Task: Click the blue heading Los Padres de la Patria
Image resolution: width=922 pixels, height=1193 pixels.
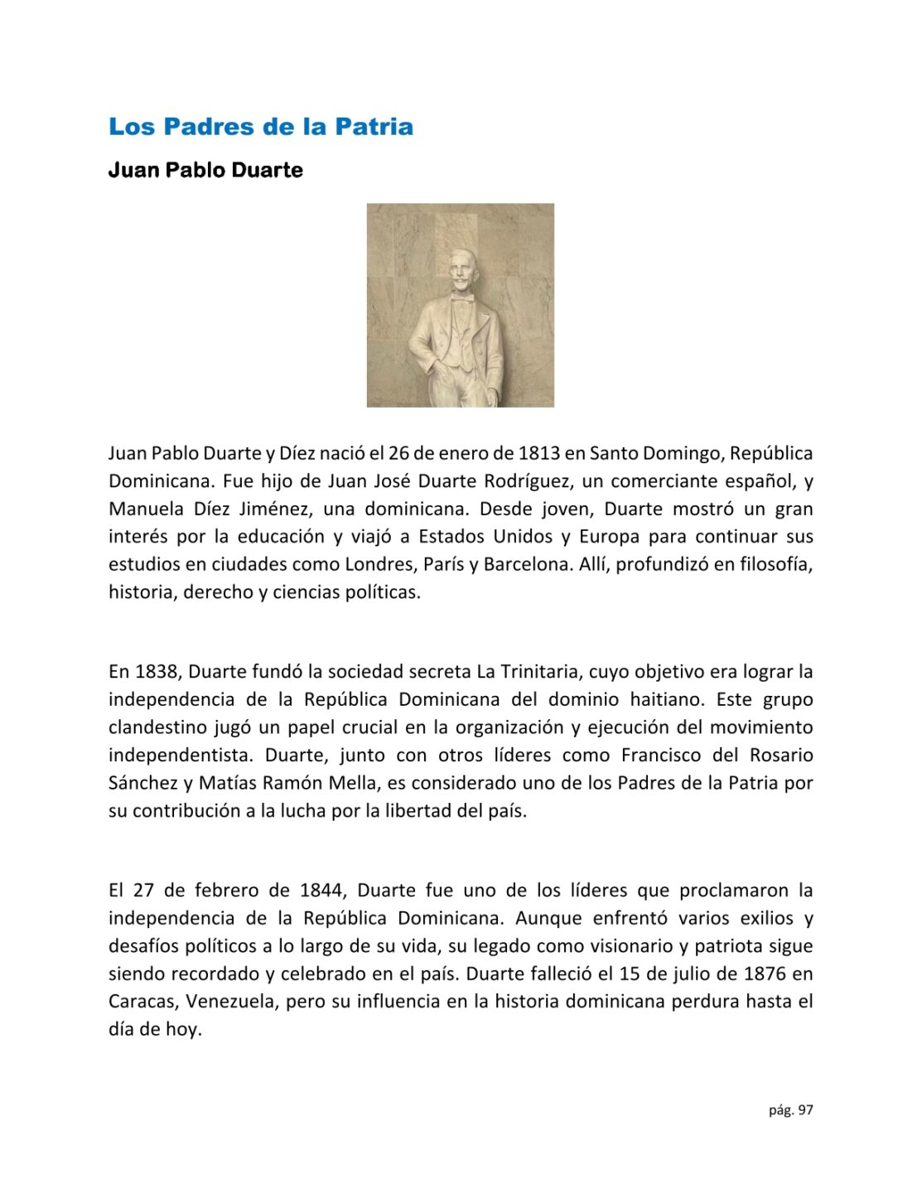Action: pyautogui.click(x=261, y=127)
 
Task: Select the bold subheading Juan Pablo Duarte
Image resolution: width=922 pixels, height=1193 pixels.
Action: pyautogui.click(x=205, y=171)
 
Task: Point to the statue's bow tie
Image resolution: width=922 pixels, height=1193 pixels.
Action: pyautogui.click(x=462, y=299)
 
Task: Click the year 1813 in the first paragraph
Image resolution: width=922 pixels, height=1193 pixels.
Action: pyautogui.click(x=539, y=454)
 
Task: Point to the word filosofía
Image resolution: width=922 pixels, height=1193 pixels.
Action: pyautogui.click(x=771, y=565)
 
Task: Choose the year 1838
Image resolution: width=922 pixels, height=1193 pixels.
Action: pyautogui.click(x=156, y=672)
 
